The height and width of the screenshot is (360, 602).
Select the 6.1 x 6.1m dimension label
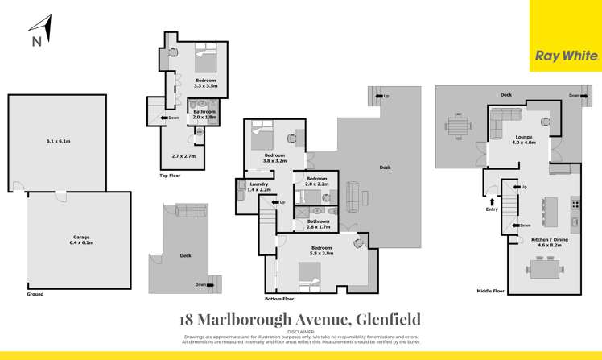[x=58, y=142]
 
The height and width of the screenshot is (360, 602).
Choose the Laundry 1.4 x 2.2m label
[x=259, y=188]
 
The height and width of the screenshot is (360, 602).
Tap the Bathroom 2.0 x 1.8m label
[x=204, y=114]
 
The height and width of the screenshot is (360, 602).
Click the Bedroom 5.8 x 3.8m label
[x=320, y=250]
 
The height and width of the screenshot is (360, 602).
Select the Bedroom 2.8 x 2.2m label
[x=316, y=181]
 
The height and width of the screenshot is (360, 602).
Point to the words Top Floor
[x=171, y=175]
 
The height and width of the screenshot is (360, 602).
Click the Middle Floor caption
[x=490, y=290]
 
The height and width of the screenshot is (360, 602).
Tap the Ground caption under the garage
[x=35, y=294]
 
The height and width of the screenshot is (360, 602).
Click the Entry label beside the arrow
[x=492, y=209]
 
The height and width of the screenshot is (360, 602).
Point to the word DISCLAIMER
[x=301, y=331]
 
